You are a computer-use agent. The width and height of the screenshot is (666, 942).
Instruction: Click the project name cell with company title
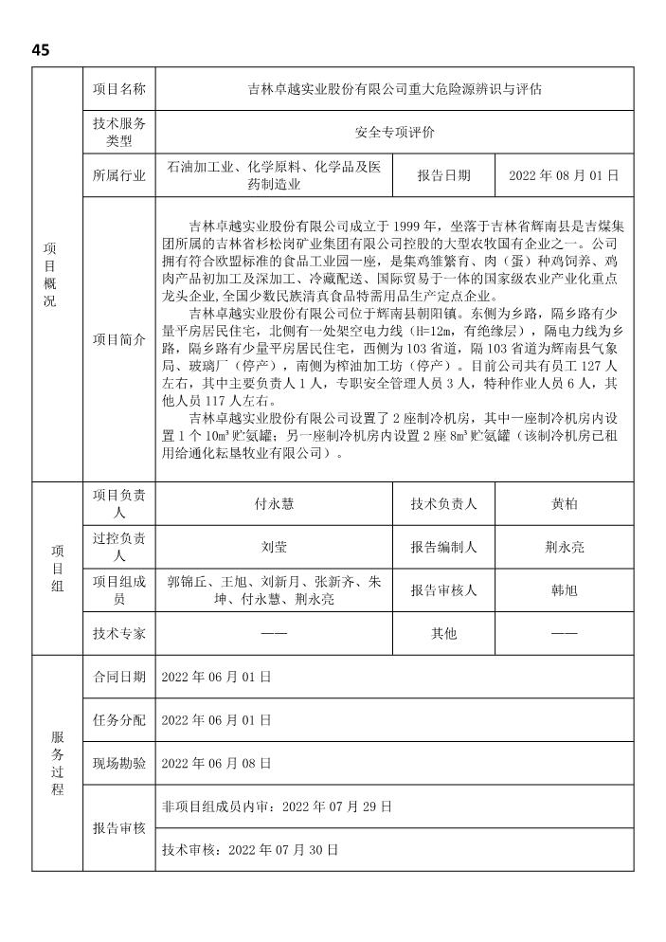394,89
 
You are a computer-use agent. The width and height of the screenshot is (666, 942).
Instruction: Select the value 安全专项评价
394,133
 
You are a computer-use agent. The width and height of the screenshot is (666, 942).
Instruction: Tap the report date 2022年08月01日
564,176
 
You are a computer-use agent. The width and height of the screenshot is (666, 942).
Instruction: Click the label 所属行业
119,176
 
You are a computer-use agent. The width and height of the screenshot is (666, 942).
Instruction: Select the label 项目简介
119,340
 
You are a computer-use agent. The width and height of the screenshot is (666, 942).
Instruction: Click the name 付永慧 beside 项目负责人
274,505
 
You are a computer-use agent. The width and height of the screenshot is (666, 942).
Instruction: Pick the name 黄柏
564,505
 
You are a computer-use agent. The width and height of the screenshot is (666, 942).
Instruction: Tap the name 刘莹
274,548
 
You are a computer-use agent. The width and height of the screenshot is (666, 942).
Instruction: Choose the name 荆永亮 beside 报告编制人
564,548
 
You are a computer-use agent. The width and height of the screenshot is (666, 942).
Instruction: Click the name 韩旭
564,589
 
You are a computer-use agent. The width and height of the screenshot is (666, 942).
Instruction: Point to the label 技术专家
119,632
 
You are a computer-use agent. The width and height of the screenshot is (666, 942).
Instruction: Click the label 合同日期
119,677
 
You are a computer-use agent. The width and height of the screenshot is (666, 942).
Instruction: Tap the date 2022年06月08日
217,763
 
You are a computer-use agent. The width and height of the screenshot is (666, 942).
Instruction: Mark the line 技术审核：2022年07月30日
251,850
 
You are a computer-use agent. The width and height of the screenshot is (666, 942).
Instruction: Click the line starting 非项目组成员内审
277,806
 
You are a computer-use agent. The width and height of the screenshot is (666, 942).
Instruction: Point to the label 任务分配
119,720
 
